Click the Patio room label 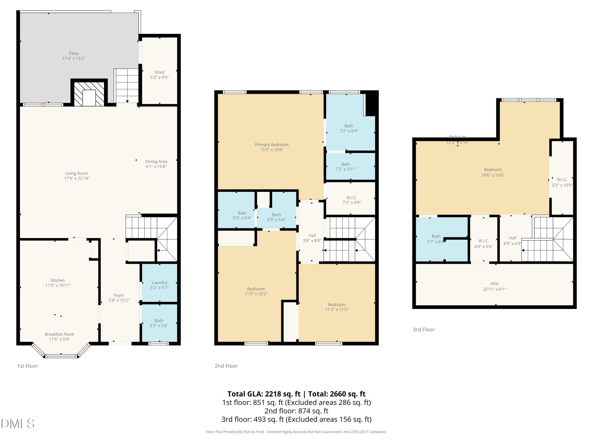74,53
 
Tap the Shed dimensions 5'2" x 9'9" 159,77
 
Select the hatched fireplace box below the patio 89,94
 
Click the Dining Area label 156,161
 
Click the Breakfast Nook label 59,334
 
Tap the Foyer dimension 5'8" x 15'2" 119,300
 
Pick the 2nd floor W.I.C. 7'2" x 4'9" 351,200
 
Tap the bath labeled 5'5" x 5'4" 242,215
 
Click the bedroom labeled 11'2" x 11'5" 337,307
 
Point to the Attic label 494,284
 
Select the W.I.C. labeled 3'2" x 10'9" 562,182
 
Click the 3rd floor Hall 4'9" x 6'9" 512,241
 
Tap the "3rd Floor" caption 423,330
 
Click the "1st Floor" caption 27,366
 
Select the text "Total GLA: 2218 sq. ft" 264,394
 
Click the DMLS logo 18,424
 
